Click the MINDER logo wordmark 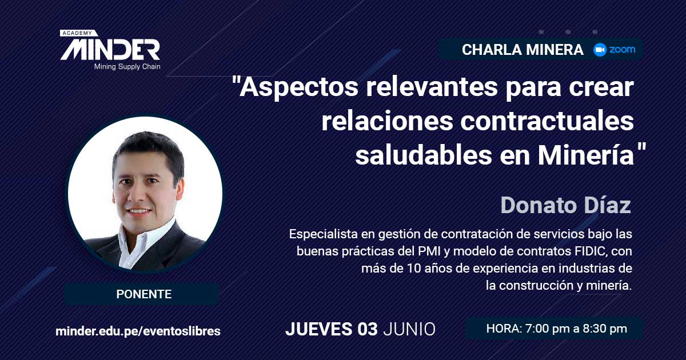click(110, 49)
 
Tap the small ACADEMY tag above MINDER click(78, 33)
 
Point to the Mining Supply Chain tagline click(127, 67)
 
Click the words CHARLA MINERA click(523, 50)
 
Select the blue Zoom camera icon click(600, 50)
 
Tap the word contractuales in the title click(547, 121)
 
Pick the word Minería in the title click(585, 155)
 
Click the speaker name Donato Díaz click(565, 205)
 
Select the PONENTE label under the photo click(144, 294)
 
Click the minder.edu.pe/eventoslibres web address click(138, 331)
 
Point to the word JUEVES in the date click(318, 329)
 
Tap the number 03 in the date click(367, 329)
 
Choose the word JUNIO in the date click(409, 329)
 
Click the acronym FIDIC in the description click(591, 251)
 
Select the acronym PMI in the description click(429, 251)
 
